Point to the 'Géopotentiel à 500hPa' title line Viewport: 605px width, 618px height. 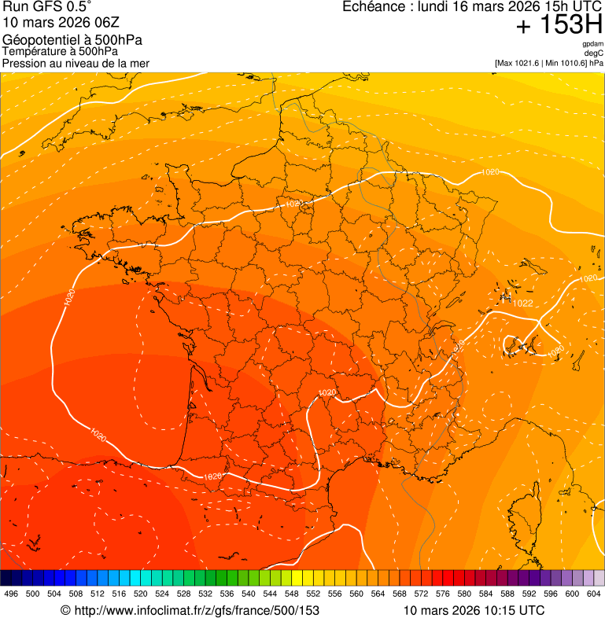[x=72, y=40]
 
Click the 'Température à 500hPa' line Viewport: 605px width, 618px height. [x=60, y=51]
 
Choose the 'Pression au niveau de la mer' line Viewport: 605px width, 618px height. [x=76, y=63]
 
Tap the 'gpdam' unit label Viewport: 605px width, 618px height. [x=593, y=45]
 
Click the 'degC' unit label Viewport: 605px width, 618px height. [x=595, y=53]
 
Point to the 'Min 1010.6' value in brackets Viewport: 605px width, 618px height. [x=564, y=63]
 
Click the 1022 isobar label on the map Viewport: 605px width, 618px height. [x=522, y=303]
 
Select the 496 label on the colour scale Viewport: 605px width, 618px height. [x=11, y=594]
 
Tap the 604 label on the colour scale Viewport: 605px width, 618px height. [x=594, y=594]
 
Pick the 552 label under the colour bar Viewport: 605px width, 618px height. [x=313, y=594]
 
